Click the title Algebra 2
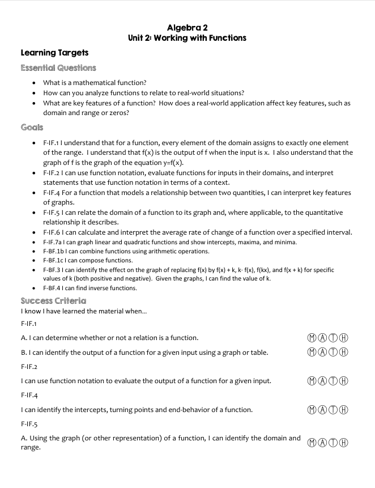tap(187, 27)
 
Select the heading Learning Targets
tap(54, 53)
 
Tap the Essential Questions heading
tap(58, 68)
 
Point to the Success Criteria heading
tap(53, 300)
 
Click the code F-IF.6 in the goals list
tap(53, 232)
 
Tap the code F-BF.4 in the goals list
tap(53, 288)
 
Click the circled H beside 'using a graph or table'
tap(343, 353)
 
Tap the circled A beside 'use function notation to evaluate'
tap(322, 381)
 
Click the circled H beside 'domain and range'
tap(343, 443)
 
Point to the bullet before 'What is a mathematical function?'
tap(35, 83)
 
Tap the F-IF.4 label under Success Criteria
tap(29, 395)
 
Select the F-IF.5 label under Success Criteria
tap(29, 423)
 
